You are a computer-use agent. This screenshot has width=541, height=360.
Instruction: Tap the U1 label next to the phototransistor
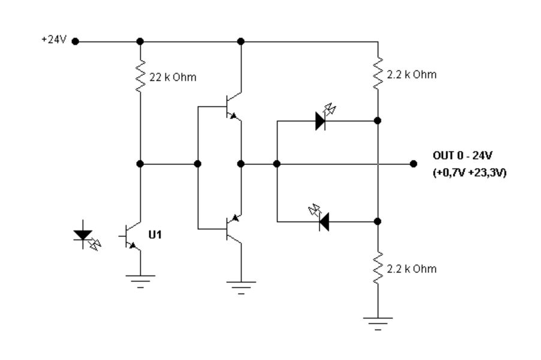coord(155,234)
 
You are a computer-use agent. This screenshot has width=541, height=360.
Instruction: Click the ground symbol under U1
coord(140,280)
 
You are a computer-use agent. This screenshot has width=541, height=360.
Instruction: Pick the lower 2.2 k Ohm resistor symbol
coord(378,269)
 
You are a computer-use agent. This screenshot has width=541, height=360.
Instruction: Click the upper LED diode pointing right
coord(321,120)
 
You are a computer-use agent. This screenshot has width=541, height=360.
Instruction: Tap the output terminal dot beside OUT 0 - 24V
coord(413,163)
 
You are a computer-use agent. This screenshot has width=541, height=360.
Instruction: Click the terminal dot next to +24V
coord(76,41)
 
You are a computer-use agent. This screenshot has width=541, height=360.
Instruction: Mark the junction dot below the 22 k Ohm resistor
coord(140,163)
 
